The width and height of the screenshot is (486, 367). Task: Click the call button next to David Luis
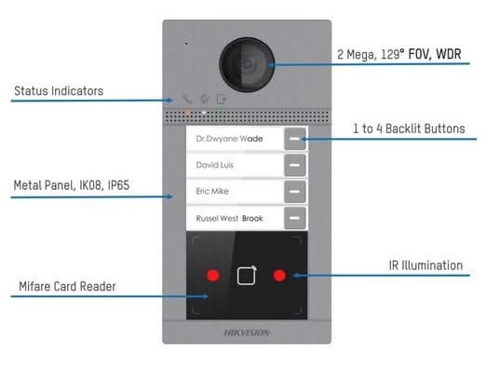tap(295, 166)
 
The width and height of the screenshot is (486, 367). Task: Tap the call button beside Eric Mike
tap(295, 192)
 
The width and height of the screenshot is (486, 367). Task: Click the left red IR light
tap(212, 276)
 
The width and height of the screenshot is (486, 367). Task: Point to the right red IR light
tap(279, 276)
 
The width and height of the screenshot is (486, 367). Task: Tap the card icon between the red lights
tap(246, 276)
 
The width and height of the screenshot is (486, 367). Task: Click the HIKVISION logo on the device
tap(246, 332)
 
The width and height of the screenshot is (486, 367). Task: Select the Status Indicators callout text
tap(58, 91)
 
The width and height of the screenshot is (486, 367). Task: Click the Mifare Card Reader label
tap(66, 286)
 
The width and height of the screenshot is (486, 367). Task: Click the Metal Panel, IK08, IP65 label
tap(71, 186)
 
